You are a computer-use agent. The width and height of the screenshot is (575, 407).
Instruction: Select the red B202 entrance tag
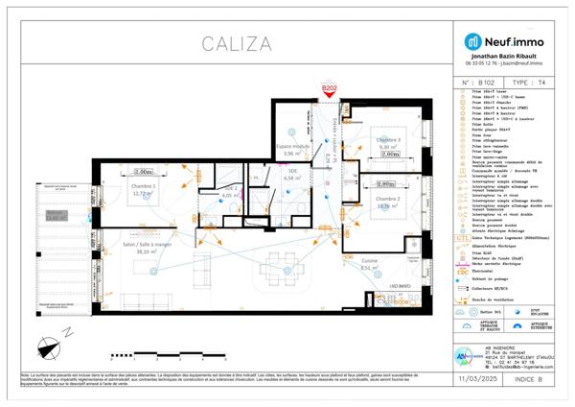tap(330, 88)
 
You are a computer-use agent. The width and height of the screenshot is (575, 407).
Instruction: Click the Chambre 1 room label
tap(143, 190)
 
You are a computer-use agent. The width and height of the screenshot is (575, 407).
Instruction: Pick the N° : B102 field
tap(479, 84)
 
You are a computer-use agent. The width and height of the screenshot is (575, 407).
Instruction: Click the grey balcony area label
tap(56, 216)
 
